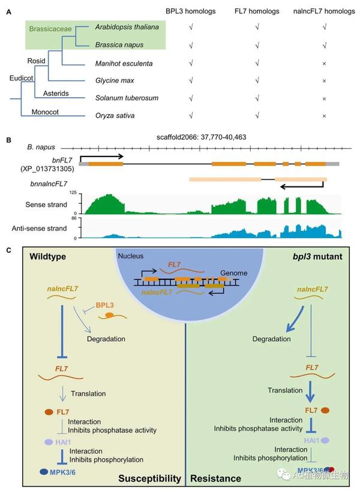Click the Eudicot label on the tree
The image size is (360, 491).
[21, 77]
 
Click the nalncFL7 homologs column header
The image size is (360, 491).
[323, 11]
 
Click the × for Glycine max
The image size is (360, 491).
[324, 80]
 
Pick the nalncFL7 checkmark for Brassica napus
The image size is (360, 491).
[324, 45]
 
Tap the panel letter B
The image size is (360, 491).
[8, 140]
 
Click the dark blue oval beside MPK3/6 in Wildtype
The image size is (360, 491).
[45, 473]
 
